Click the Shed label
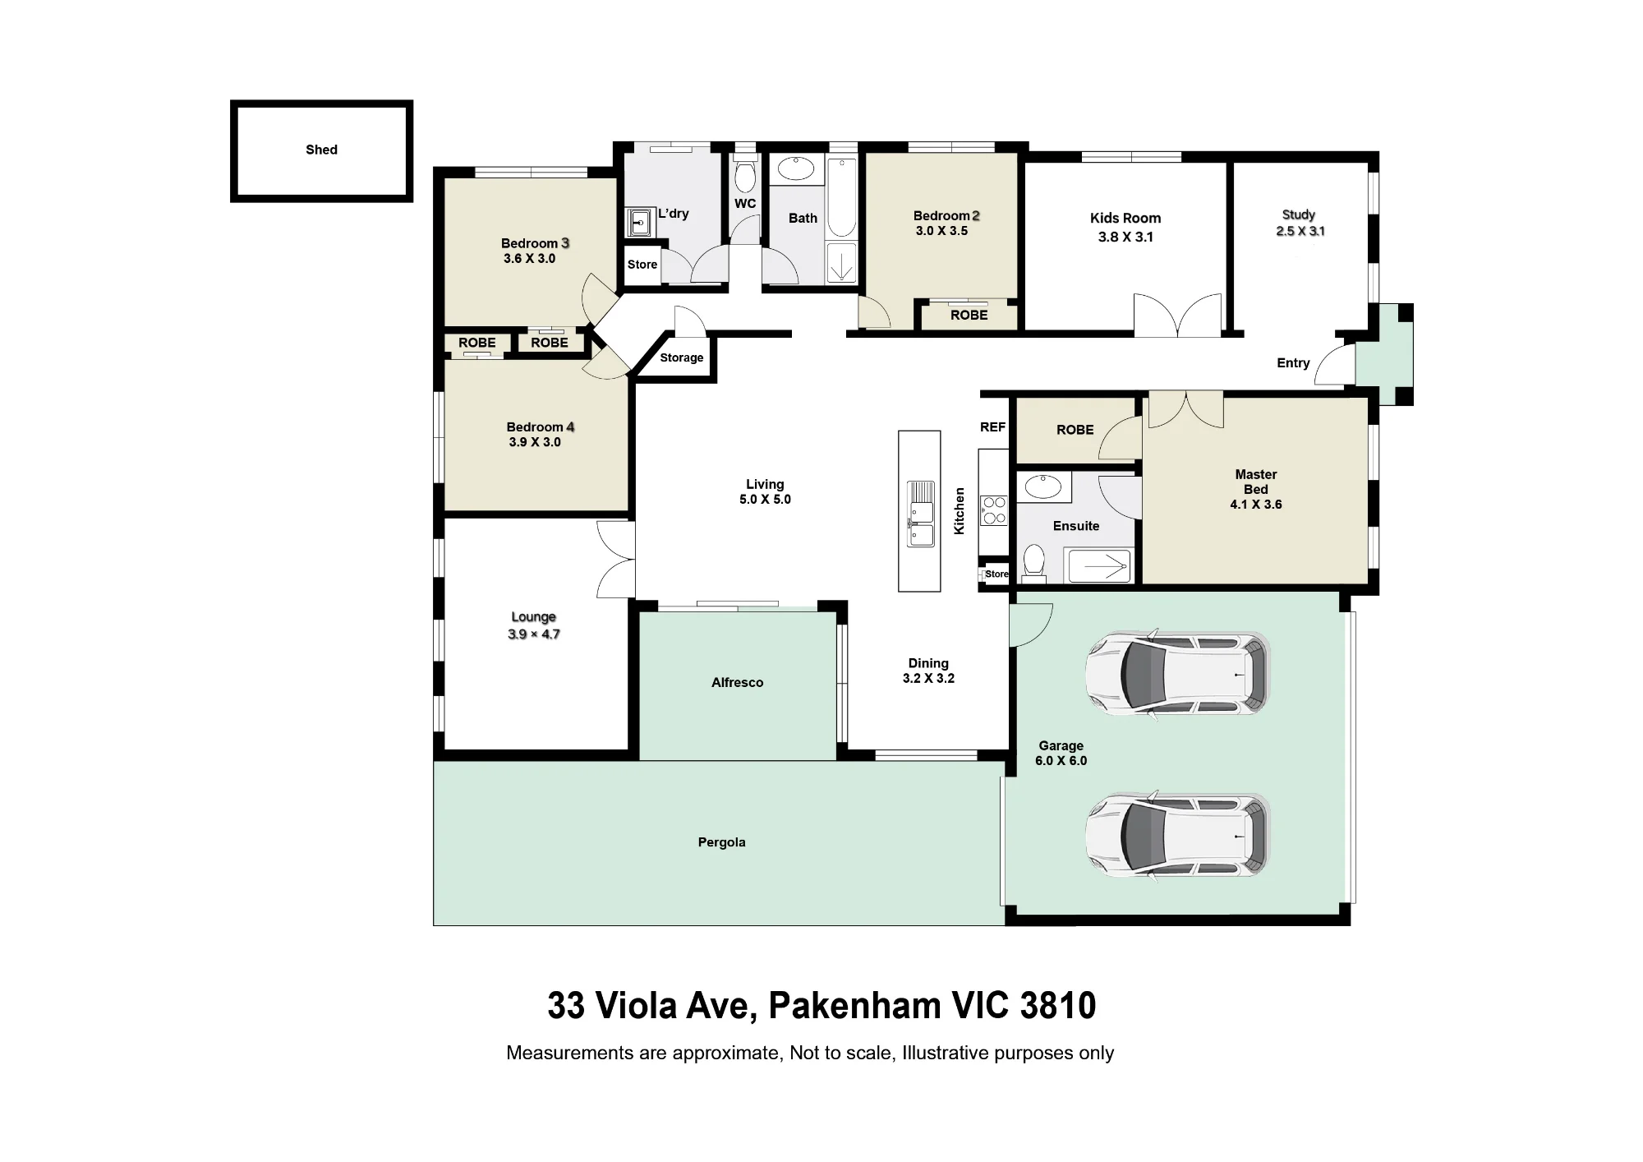pyautogui.click(x=321, y=150)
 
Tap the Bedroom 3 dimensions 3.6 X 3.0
pyautogui.click(x=529, y=258)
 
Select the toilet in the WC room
pyautogui.click(x=745, y=176)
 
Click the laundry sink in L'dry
pyautogui.click(x=640, y=222)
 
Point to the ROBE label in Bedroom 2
pyautogui.click(x=969, y=315)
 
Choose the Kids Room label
pyautogui.click(x=1125, y=218)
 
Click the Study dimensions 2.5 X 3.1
pyautogui.click(x=1300, y=231)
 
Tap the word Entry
pyautogui.click(x=1293, y=363)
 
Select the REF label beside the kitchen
pyautogui.click(x=992, y=427)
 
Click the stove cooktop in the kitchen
pyautogui.click(x=994, y=510)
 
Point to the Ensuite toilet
pyautogui.click(x=1034, y=563)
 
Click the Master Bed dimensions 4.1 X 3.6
pyautogui.click(x=1255, y=505)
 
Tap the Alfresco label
pyautogui.click(x=737, y=682)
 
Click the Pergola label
pyautogui.click(x=721, y=842)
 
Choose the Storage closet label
pyautogui.click(x=681, y=357)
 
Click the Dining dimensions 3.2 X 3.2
pyautogui.click(x=928, y=678)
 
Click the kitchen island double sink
pyautogui.click(x=920, y=514)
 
